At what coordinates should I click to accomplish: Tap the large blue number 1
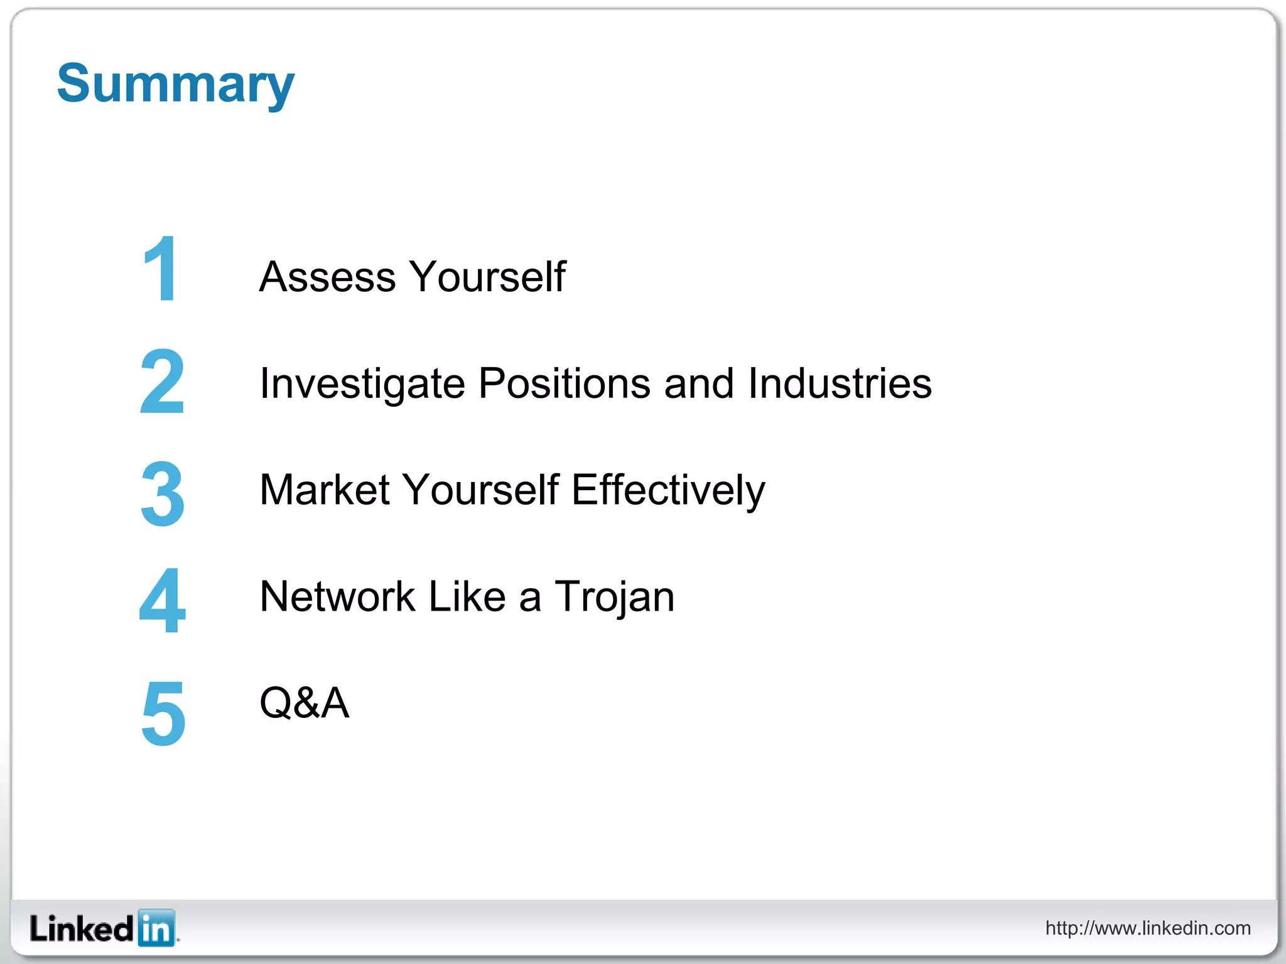pyautogui.click(x=161, y=269)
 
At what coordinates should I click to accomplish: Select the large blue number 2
pyautogui.click(x=162, y=381)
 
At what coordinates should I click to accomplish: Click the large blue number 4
pyautogui.click(x=162, y=601)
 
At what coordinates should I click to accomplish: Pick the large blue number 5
pyautogui.click(x=163, y=714)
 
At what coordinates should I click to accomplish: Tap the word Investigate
pyautogui.click(x=362, y=383)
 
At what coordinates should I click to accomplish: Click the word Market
pyautogui.click(x=324, y=490)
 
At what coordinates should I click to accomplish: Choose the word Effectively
pyautogui.click(x=668, y=490)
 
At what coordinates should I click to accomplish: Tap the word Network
pyautogui.click(x=337, y=596)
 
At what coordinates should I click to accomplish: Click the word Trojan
pyautogui.click(x=615, y=597)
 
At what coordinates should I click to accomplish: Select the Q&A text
pyautogui.click(x=304, y=703)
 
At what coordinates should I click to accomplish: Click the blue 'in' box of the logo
pyautogui.click(x=156, y=928)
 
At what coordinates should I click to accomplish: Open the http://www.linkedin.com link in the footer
pyautogui.click(x=1147, y=928)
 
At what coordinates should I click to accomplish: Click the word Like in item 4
pyautogui.click(x=467, y=596)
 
